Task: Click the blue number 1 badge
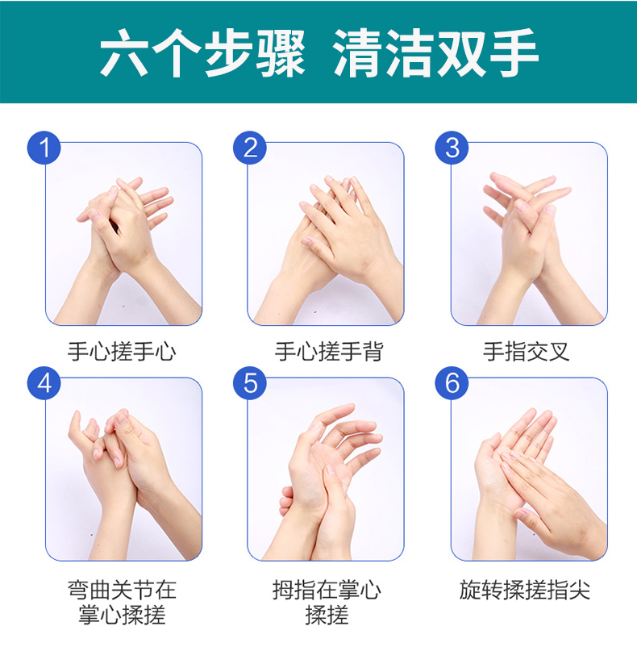coord(44,148)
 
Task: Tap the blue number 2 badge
coord(250,148)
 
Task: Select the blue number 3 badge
coord(452,148)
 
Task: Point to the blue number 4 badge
coord(44,383)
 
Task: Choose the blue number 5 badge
coord(250,383)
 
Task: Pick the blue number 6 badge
coord(452,383)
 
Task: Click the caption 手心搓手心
coord(122,352)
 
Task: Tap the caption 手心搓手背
coord(329,352)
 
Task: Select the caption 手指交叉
coord(527,352)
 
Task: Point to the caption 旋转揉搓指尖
coord(525,590)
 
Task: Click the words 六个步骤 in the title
coord(202,53)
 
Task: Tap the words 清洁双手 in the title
coord(435,53)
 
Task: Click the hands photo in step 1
coord(123,233)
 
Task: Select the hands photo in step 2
coord(326,233)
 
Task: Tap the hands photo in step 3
coord(529,233)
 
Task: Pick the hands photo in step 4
coord(123,469)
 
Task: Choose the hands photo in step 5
coord(326,469)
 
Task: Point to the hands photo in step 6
coord(529,469)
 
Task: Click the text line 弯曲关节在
coord(122,590)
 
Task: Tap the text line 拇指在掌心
coord(327,590)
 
